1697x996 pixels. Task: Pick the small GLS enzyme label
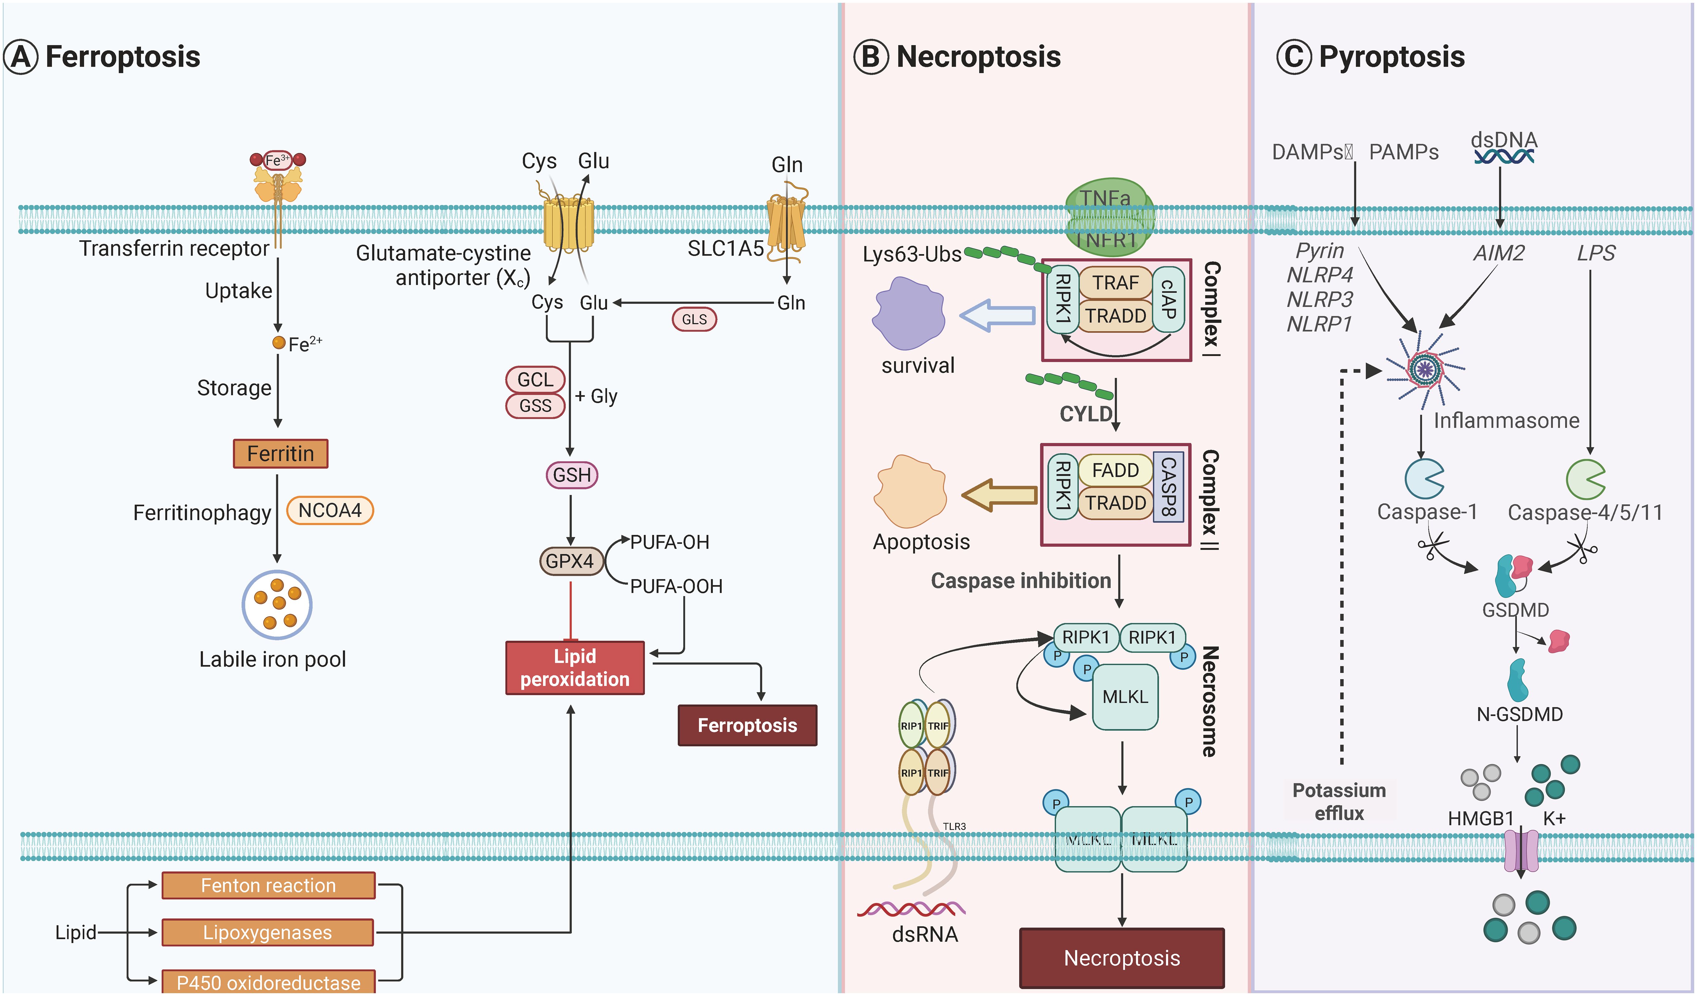click(x=694, y=319)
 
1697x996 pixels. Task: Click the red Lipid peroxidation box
click(x=574, y=667)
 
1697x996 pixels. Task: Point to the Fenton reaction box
click(x=268, y=886)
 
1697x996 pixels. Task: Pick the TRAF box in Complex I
click(x=1115, y=283)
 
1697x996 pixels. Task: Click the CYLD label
click(x=1085, y=413)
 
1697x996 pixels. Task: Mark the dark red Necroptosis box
click(x=1122, y=958)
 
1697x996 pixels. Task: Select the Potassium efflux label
click(x=1339, y=801)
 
